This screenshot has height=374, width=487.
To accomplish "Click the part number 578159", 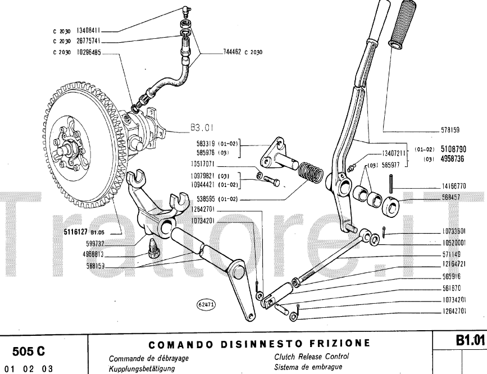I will click(450, 130).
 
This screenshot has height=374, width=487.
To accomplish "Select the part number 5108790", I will click(453, 150).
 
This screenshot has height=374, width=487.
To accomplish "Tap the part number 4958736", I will click(453, 159).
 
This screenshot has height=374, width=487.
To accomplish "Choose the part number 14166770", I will click(454, 186).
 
